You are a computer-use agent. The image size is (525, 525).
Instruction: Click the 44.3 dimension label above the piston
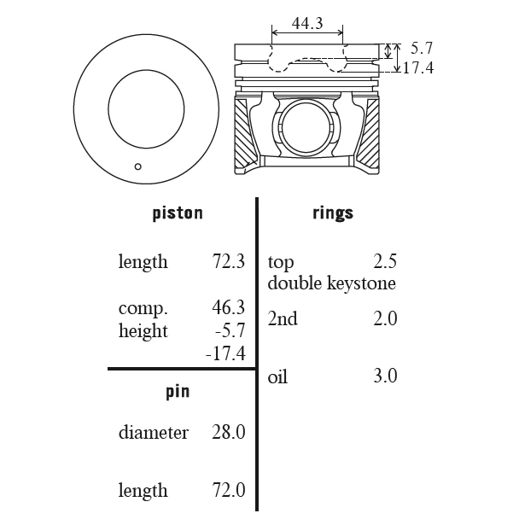pyautogui.click(x=307, y=23)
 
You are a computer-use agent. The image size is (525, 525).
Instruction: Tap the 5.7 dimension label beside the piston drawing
pyautogui.click(x=422, y=48)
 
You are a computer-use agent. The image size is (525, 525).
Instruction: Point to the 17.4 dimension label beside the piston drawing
pyautogui.click(x=418, y=68)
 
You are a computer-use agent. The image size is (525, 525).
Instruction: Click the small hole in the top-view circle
pyautogui.click(x=137, y=166)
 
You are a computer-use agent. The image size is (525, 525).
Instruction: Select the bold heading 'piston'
pyautogui.click(x=178, y=213)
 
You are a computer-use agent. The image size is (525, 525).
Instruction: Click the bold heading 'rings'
pyautogui.click(x=333, y=213)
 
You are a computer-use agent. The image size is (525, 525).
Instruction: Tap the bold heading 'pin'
pyautogui.click(x=178, y=392)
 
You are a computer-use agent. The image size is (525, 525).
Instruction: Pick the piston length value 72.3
pyautogui.click(x=228, y=261)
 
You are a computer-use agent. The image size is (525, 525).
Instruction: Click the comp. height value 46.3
pyautogui.click(x=228, y=307)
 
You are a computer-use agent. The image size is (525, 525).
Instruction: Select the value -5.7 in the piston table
pyautogui.click(x=230, y=330)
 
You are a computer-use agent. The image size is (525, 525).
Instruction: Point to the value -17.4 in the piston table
pyautogui.click(x=225, y=353)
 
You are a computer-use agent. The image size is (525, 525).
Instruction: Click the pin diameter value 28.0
pyautogui.click(x=228, y=432)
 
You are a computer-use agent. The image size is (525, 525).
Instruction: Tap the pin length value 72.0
pyautogui.click(x=228, y=490)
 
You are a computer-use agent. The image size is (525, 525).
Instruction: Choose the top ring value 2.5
pyautogui.click(x=385, y=261)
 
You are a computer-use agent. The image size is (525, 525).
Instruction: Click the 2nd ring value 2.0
pyautogui.click(x=385, y=318)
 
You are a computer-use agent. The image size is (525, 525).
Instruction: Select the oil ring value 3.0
pyautogui.click(x=385, y=376)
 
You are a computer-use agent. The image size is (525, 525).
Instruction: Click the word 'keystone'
pyautogui.click(x=361, y=284)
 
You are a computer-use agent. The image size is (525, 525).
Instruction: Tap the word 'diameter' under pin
pyautogui.click(x=154, y=432)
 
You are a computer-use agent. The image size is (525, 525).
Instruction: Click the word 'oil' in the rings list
pyautogui.click(x=277, y=376)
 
